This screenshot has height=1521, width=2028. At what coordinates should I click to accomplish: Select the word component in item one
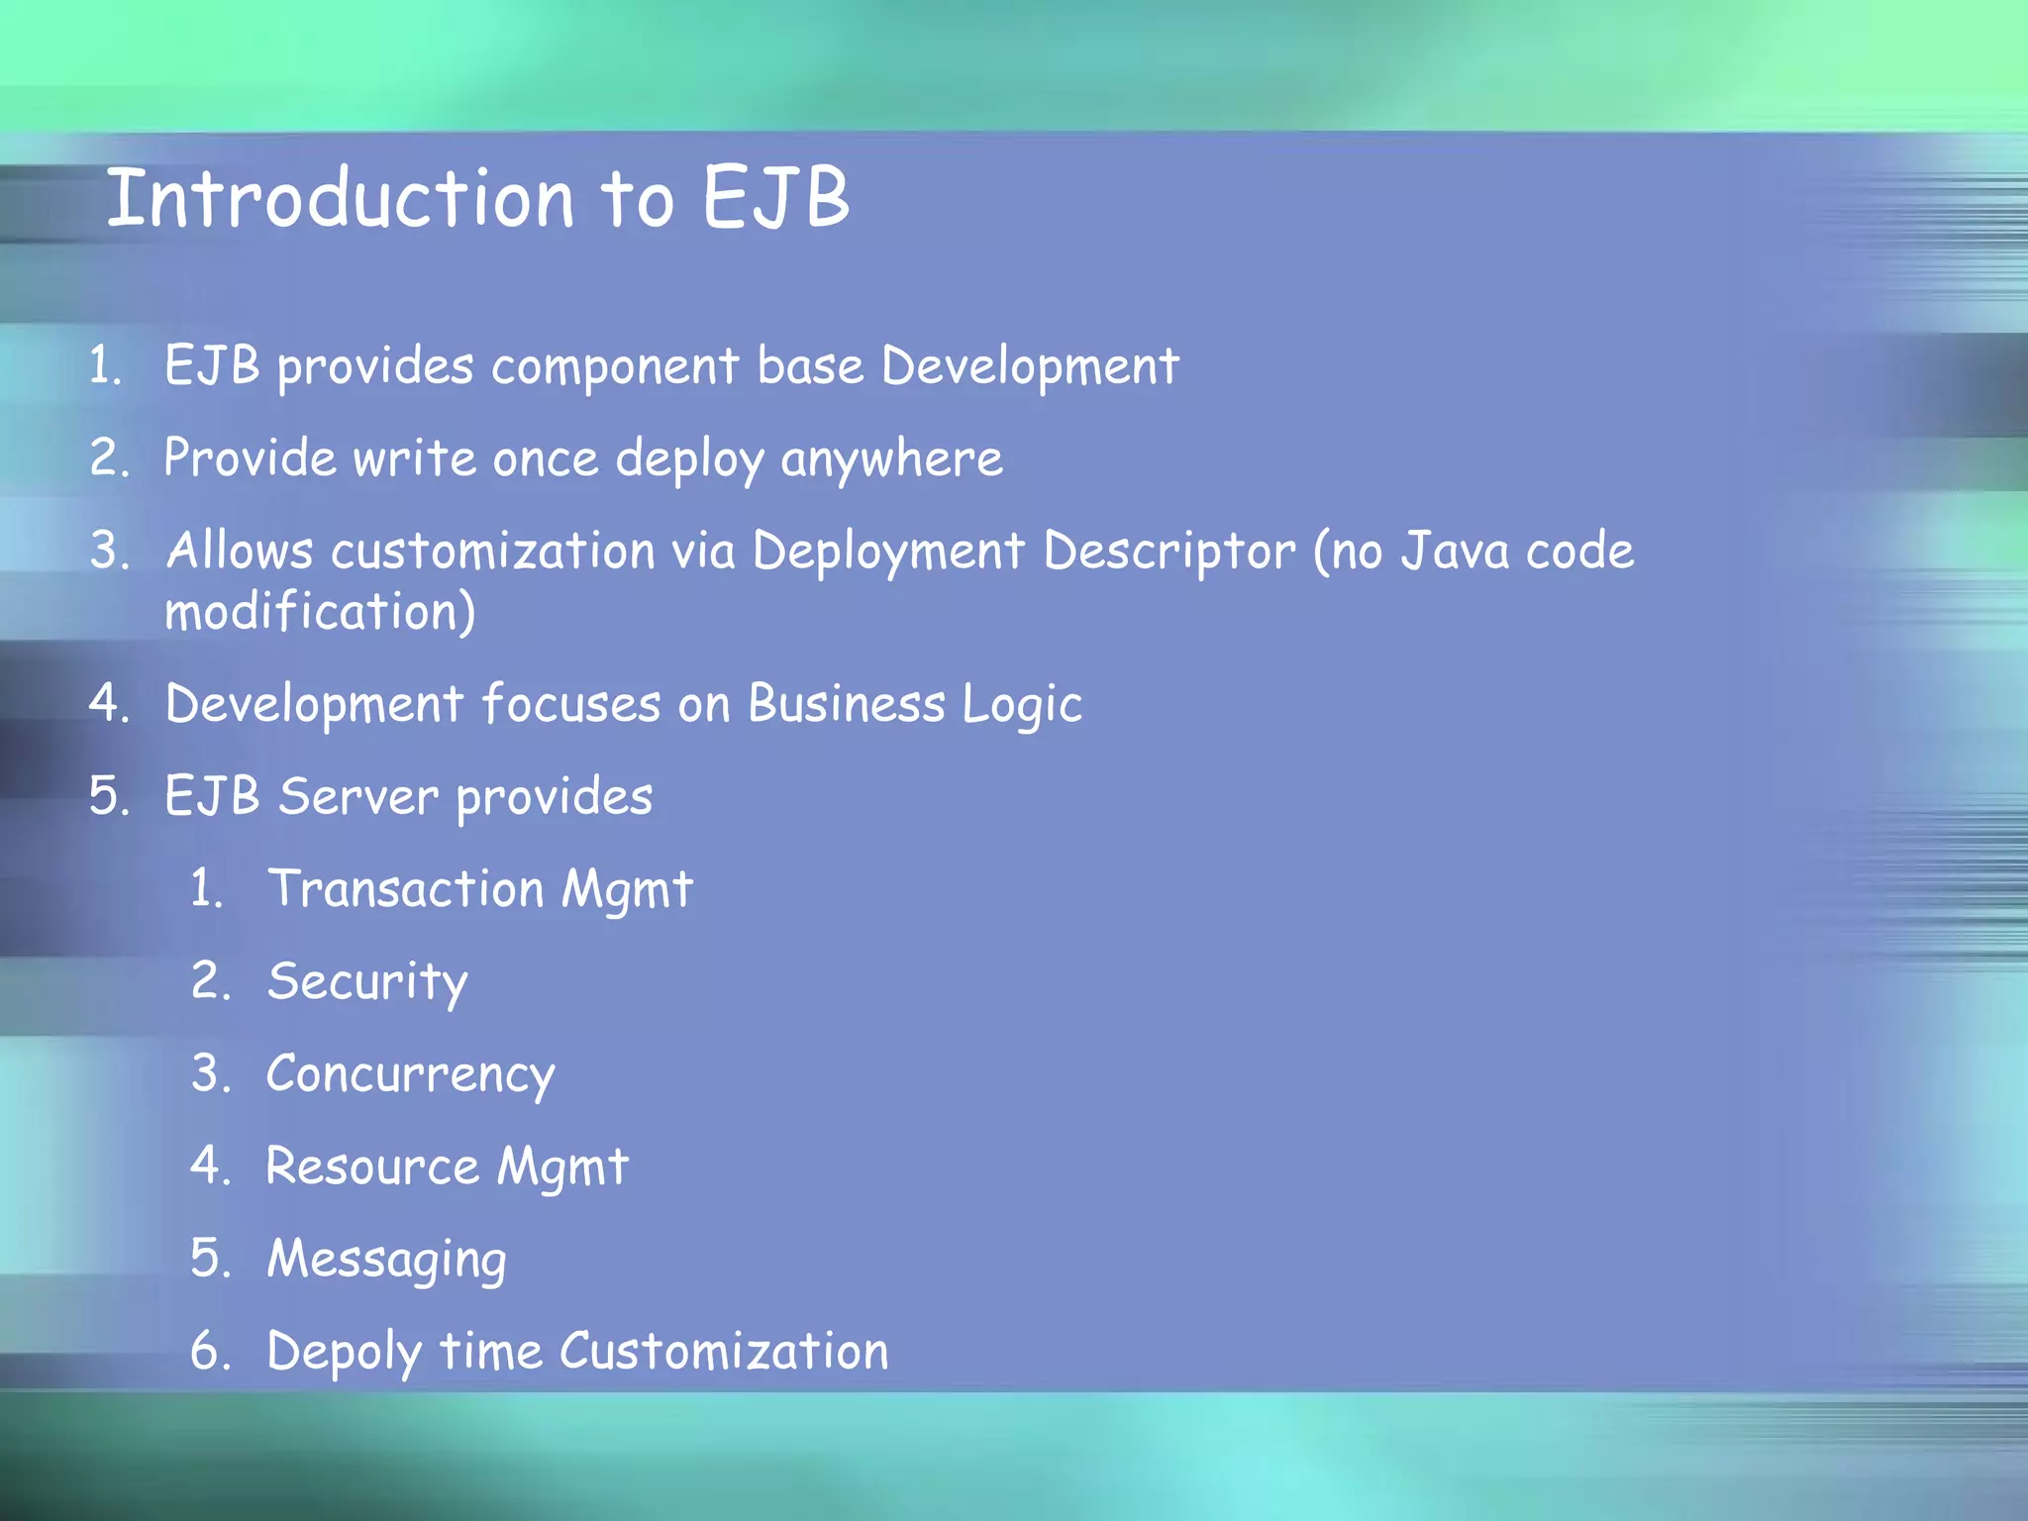tap(615, 367)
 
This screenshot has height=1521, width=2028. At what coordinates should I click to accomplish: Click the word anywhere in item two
tap(891, 459)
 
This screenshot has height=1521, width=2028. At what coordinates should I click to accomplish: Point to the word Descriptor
tap(1168, 552)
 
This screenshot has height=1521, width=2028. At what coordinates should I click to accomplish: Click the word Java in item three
tap(1454, 552)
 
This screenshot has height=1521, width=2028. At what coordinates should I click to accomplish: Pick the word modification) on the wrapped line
tap(320, 612)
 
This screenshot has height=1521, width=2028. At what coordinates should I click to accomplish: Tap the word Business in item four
tap(847, 705)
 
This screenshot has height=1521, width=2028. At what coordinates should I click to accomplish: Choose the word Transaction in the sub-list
tap(406, 888)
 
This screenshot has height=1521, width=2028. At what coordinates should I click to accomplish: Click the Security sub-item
tap(367, 982)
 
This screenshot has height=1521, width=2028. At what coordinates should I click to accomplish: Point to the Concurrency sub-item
tap(410, 1074)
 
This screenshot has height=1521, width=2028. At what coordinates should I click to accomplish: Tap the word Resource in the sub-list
tap(372, 1166)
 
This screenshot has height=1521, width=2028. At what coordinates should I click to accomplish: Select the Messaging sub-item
tap(386, 1261)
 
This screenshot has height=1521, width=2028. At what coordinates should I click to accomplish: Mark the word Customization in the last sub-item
tap(724, 1352)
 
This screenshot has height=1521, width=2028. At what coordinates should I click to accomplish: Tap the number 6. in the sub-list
tap(210, 1352)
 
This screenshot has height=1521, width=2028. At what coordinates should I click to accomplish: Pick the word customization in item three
tap(492, 552)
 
